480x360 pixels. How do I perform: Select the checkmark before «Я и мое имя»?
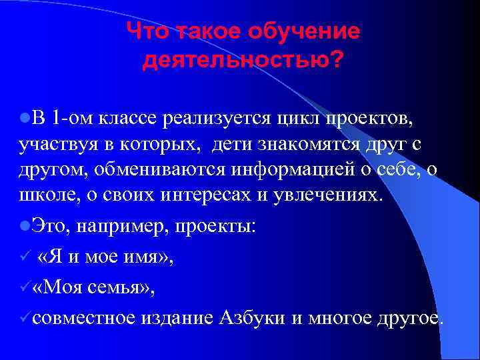23,257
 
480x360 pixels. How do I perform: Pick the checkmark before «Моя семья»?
23,287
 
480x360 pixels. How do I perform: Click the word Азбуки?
253,317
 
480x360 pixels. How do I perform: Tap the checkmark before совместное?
23,317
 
